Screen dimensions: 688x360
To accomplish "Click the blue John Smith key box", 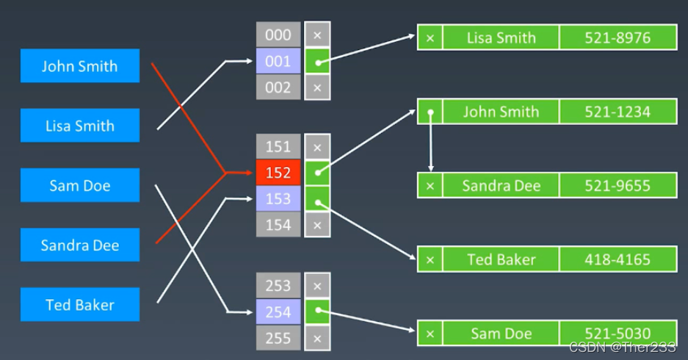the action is tap(79, 66).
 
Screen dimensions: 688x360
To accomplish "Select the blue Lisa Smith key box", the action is tap(79, 126).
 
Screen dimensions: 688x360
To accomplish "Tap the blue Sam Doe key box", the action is tap(79, 185).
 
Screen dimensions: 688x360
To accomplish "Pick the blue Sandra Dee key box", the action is tap(79, 245).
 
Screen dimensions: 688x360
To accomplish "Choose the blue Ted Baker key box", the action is tap(79, 305).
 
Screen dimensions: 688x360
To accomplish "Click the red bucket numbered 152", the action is tap(278, 173).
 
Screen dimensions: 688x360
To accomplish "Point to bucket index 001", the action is tap(278, 61).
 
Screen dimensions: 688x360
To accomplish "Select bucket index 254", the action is tap(278, 312).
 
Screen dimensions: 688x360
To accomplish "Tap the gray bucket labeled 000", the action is tap(278, 35).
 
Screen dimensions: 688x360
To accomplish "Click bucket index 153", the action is tap(278, 199).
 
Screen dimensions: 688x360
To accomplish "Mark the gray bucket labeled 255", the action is tap(278, 338).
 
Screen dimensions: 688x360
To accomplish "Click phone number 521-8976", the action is tap(618, 37).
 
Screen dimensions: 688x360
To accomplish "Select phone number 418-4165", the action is tap(618, 259).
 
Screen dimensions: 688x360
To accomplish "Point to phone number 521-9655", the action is tap(618, 185).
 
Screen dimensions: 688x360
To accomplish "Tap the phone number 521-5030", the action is tap(618, 334).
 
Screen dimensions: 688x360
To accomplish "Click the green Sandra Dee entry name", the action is tap(501, 185).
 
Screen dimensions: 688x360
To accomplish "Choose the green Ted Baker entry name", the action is tap(501, 259).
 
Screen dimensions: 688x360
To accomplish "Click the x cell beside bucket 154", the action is tap(317, 225).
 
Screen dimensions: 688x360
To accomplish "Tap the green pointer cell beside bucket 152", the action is tap(317, 173).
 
